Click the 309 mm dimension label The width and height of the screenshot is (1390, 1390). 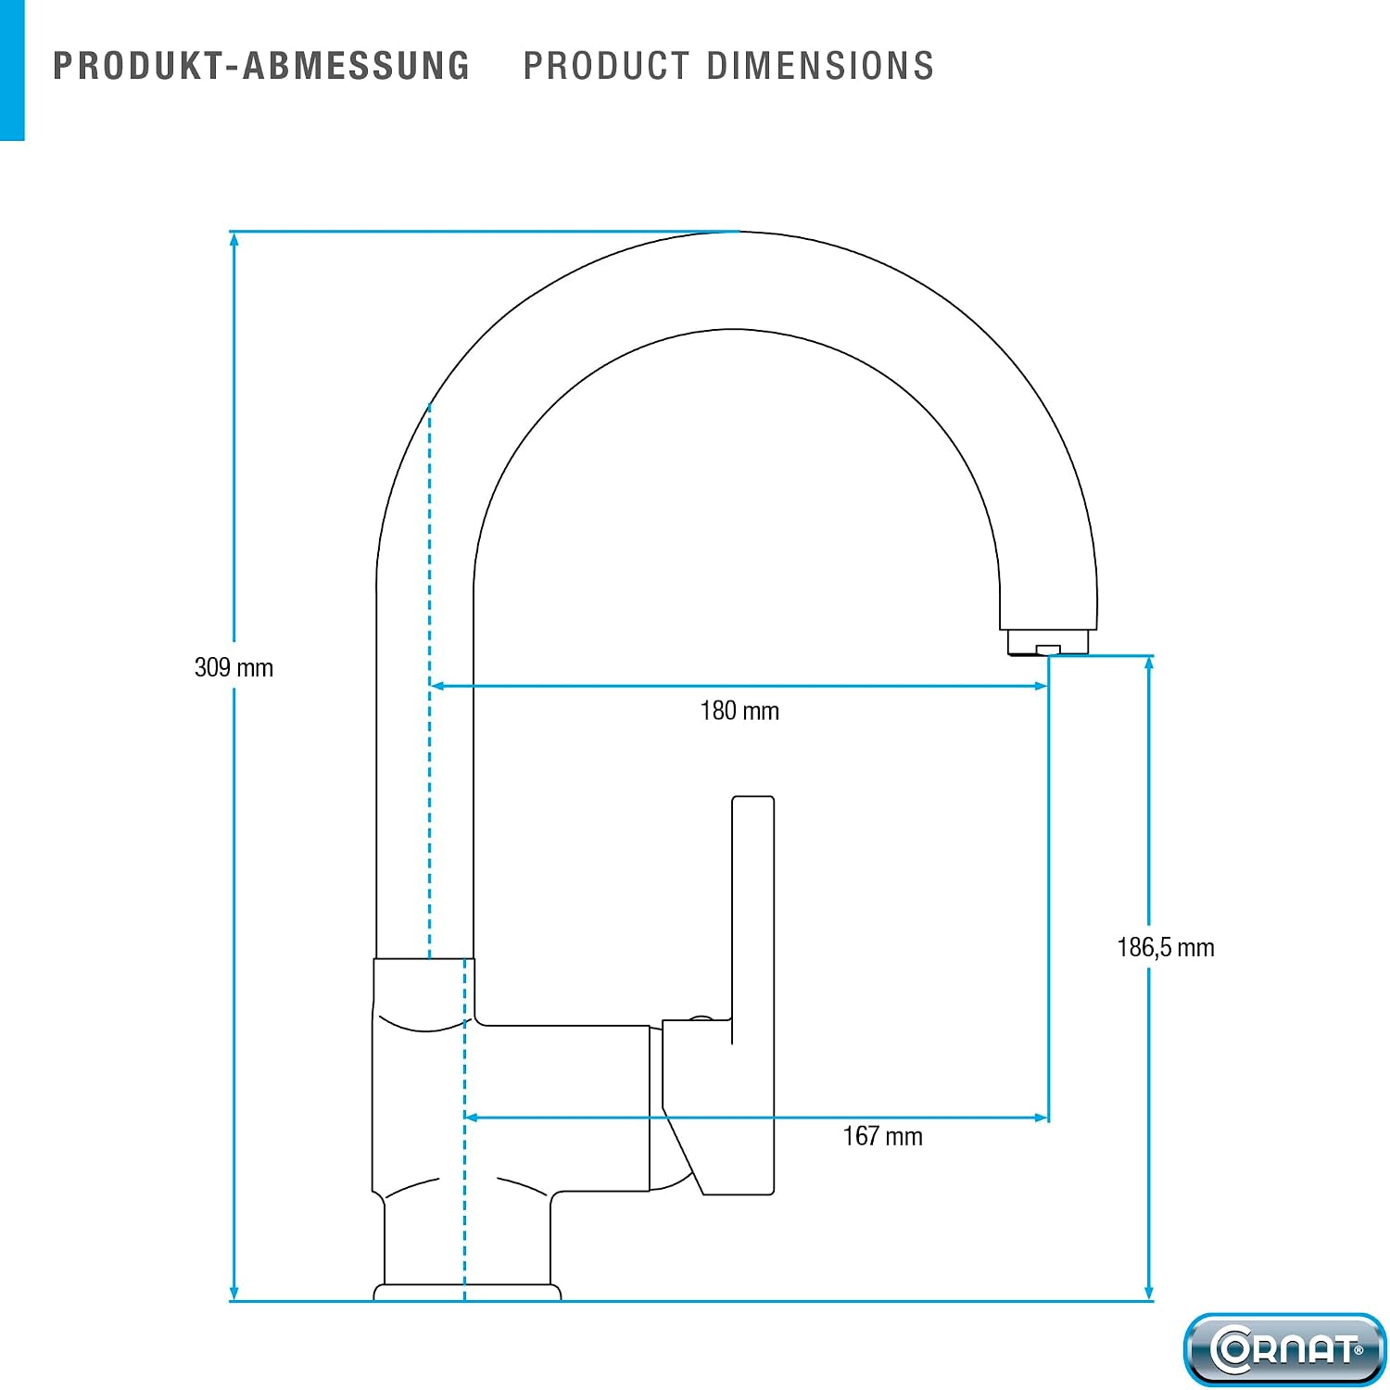pos(234,667)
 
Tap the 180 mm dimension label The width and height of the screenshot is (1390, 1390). pos(739,711)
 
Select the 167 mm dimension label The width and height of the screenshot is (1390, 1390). pos(882,1136)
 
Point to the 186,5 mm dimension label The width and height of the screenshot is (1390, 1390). pos(1166,947)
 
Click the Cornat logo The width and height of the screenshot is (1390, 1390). pos(1284,1348)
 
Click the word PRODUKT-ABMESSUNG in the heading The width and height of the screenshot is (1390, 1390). pos(261,66)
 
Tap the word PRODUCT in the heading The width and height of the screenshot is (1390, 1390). pos(607,66)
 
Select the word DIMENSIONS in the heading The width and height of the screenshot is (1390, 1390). pos(821,66)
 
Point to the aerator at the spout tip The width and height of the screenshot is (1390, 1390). pos(1048,643)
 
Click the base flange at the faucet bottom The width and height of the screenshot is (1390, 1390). pos(467,1292)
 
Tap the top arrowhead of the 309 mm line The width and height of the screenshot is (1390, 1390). pos(234,239)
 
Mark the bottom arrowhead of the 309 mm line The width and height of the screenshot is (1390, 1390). pos(234,1292)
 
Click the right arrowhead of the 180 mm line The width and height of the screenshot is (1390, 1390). pos(1041,686)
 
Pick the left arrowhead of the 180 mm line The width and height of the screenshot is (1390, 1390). pos(437,686)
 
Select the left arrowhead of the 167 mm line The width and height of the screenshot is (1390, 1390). pos(472,1118)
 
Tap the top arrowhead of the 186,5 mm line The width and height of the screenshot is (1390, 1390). pos(1149,663)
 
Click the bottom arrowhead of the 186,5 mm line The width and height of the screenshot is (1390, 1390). pos(1149,1292)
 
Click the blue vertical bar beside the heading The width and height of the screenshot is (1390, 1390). pos(12,70)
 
